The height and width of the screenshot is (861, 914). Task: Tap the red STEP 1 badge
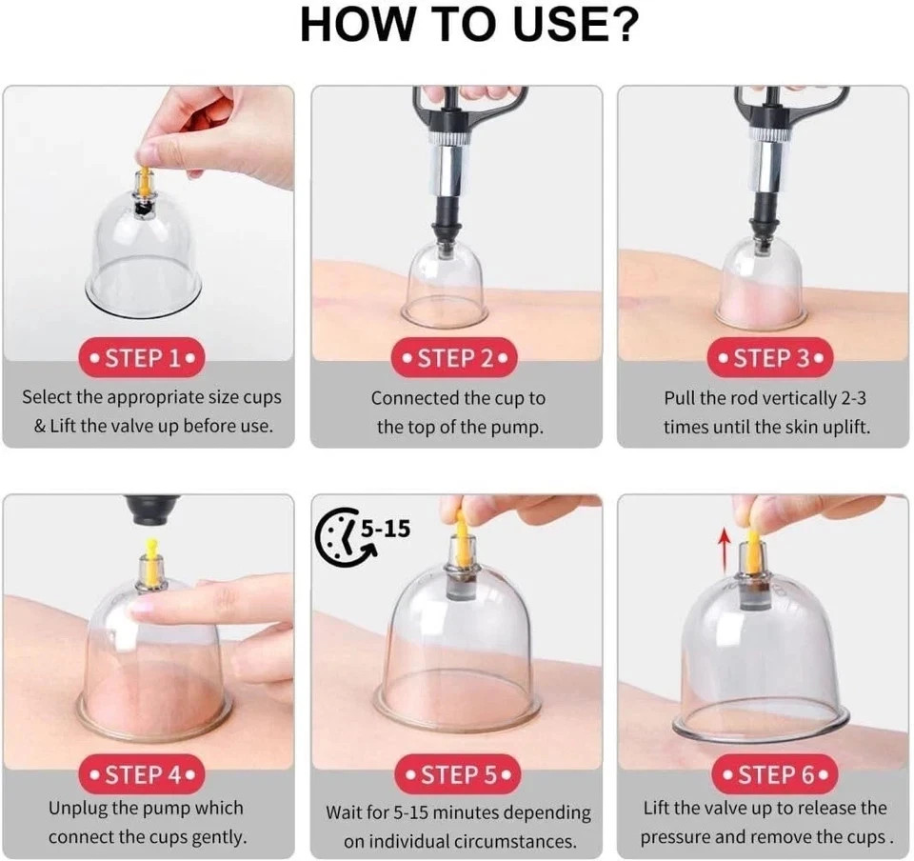coord(142,357)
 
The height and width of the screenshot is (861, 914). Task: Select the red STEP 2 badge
coord(455,357)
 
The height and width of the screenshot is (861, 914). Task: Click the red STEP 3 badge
coord(769,357)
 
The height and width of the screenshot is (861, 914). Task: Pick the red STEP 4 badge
coord(142,774)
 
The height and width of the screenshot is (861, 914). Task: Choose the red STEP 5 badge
coord(457,774)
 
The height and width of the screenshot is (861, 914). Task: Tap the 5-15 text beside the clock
coord(386,529)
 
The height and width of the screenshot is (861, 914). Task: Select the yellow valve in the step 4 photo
coord(150,561)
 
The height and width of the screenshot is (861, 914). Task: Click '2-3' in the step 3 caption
coord(853,398)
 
